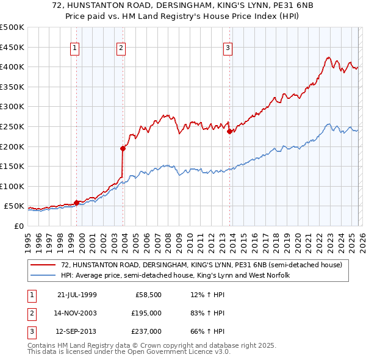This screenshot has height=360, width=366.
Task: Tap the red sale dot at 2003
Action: tap(123, 148)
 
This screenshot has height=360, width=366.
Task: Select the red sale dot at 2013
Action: tap(229, 131)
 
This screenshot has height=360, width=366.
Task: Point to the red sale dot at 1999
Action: tap(77, 203)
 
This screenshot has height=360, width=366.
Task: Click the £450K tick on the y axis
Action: tap(12, 47)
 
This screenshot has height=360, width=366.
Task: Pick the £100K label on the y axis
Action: tap(12, 186)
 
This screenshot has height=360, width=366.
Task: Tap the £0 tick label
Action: tap(18, 226)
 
